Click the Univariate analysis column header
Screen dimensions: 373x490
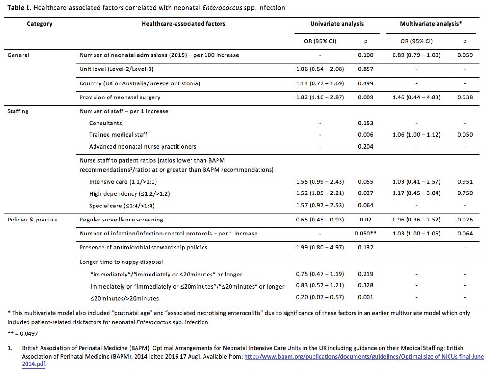337,24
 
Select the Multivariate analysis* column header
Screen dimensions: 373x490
431,24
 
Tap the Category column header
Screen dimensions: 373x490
40,24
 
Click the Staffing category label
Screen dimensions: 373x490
18,111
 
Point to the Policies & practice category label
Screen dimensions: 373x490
32,220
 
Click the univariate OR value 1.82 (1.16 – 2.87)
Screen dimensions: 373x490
320,97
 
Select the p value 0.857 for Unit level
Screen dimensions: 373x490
366,69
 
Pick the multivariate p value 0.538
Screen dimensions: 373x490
465,97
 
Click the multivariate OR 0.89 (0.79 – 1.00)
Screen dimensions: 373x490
416,55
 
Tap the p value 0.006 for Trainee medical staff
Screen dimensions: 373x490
366,135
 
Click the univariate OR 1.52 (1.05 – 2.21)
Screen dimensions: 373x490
320,194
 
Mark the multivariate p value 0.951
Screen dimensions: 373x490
465,182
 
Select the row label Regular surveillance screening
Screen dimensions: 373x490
121,220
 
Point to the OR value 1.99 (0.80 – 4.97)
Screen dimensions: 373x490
320,248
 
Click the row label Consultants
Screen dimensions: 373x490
105,124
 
